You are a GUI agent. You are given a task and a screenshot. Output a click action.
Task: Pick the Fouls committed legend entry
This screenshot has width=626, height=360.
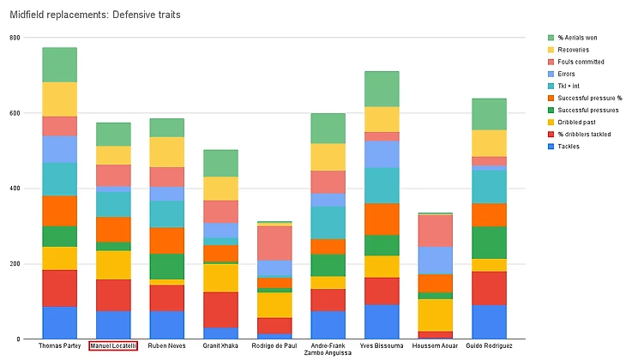point(581,62)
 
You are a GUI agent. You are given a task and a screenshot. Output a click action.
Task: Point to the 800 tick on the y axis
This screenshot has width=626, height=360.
point(15,38)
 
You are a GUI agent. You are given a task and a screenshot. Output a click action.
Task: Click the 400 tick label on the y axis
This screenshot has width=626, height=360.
point(15,189)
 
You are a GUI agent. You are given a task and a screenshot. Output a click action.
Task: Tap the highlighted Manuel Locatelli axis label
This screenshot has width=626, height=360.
point(113,345)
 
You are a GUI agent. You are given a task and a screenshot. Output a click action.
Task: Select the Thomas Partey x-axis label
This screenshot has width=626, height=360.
point(60,345)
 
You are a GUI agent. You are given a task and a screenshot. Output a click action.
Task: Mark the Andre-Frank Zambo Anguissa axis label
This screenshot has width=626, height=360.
point(327,349)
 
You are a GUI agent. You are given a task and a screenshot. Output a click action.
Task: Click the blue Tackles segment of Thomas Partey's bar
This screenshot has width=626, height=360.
point(60,322)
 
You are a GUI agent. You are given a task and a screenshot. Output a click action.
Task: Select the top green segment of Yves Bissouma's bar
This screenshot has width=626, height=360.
point(381,88)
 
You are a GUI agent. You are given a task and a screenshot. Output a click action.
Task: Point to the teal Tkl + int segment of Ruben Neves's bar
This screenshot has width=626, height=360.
point(167,213)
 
